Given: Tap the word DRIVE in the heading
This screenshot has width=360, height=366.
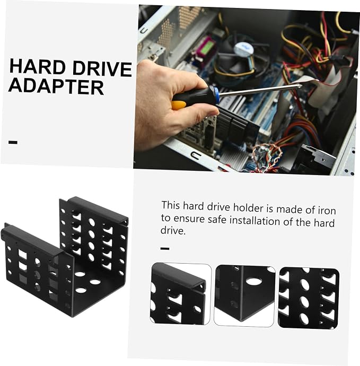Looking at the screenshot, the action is point(102,68).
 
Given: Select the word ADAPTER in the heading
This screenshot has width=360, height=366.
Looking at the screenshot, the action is point(56,86).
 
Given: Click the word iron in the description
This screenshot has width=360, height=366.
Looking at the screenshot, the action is point(327,210).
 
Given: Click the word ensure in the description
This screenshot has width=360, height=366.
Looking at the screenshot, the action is point(189,219).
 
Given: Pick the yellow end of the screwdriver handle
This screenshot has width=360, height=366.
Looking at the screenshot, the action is point(179,105).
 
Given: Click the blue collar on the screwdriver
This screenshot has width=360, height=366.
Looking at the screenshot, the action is point(217,94).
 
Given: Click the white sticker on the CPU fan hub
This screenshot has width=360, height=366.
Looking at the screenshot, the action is point(243,49).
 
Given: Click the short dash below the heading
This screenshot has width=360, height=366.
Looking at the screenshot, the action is point(13,142).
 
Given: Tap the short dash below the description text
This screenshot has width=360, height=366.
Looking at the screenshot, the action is point(165,249).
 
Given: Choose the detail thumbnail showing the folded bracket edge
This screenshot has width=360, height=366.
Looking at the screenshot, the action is point(180,294).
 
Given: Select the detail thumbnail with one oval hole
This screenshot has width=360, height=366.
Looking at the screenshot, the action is point(244,296).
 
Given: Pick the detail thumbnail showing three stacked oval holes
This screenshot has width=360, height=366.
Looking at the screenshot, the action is point(309,299).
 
